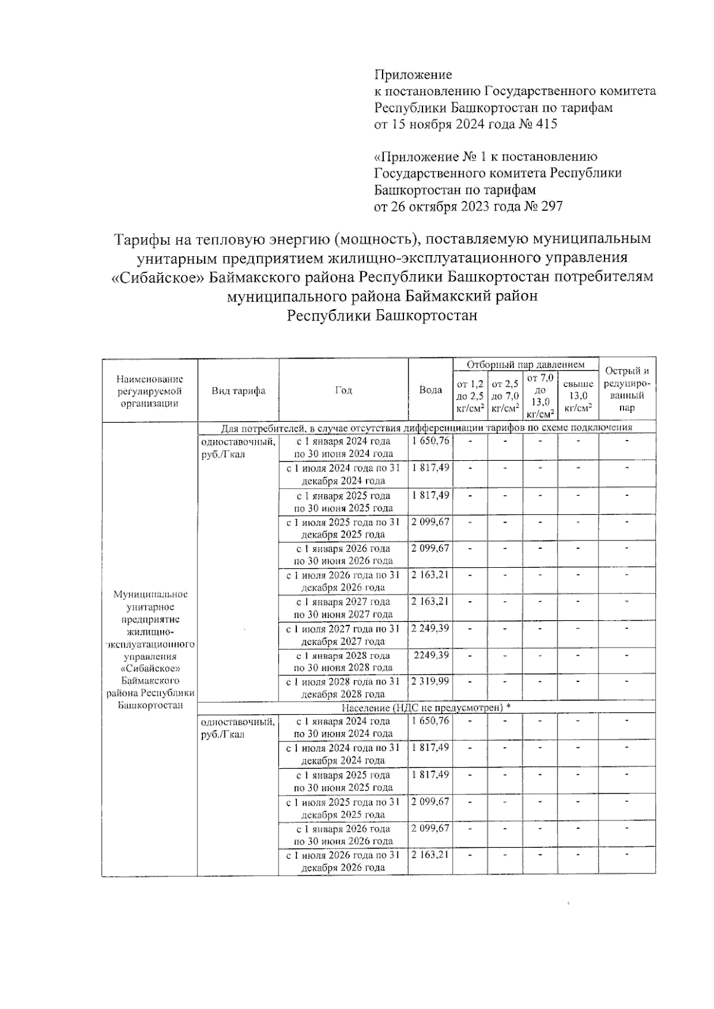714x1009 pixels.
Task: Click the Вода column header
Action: pyautogui.click(x=430, y=390)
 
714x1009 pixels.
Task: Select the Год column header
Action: pyautogui.click(x=343, y=390)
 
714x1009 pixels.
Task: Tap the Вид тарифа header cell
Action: pyautogui.click(x=238, y=391)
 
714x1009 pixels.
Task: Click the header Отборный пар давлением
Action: pyautogui.click(x=525, y=364)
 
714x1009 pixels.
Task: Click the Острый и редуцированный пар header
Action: pyautogui.click(x=627, y=389)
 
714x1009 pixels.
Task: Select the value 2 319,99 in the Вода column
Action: pyautogui.click(x=430, y=681)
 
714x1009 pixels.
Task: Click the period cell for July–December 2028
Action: pyautogui.click(x=343, y=687)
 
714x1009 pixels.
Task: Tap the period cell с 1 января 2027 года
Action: pyautogui.click(x=343, y=608)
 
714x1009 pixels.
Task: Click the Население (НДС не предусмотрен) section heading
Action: pyautogui.click(x=426, y=708)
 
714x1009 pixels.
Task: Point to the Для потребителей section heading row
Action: pyautogui.click(x=426, y=428)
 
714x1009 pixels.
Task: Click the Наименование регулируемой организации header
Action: pyautogui.click(x=149, y=391)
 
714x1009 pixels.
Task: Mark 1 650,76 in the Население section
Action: pyautogui.click(x=430, y=721)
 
